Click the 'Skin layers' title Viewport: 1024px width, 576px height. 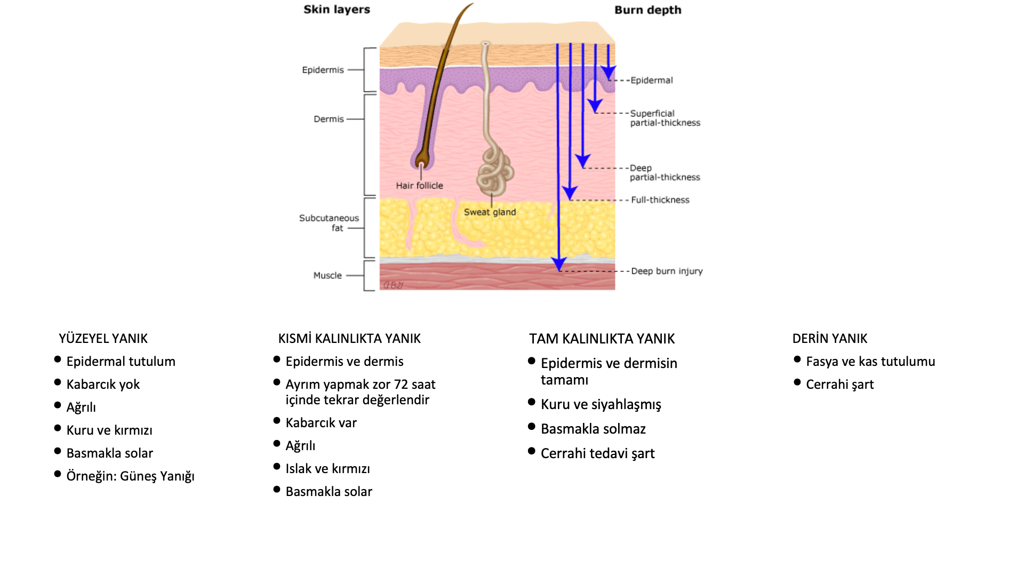(x=337, y=10)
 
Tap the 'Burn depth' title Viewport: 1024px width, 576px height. (x=647, y=10)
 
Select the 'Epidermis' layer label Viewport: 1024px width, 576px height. (x=323, y=70)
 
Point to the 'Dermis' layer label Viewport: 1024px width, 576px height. (x=329, y=119)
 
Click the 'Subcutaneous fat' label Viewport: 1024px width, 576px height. (x=329, y=223)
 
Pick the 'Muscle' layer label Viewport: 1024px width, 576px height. (x=327, y=275)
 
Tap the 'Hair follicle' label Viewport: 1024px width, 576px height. (x=419, y=186)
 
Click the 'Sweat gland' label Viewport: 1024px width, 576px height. (x=490, y=212)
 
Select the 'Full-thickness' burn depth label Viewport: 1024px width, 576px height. (x=660, y=200)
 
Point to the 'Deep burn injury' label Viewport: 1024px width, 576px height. (x=667, y=271)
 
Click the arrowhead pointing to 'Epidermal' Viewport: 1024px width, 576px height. (x=609, y=73)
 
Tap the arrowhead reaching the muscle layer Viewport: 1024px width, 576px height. (x=559, y=264)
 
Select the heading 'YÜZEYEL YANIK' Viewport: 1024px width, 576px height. (x=103, y=339)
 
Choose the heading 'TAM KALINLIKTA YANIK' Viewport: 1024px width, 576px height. (x=602, y=339)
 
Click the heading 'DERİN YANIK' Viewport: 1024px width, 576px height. (x=829, y=339)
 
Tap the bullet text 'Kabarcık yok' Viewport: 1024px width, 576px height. (x=103, y=385)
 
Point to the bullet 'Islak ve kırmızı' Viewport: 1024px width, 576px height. (x=327, y=469)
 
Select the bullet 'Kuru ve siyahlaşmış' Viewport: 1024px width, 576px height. (x=601, y=405)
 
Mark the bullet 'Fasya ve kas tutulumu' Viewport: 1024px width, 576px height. (x=870, y=362)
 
